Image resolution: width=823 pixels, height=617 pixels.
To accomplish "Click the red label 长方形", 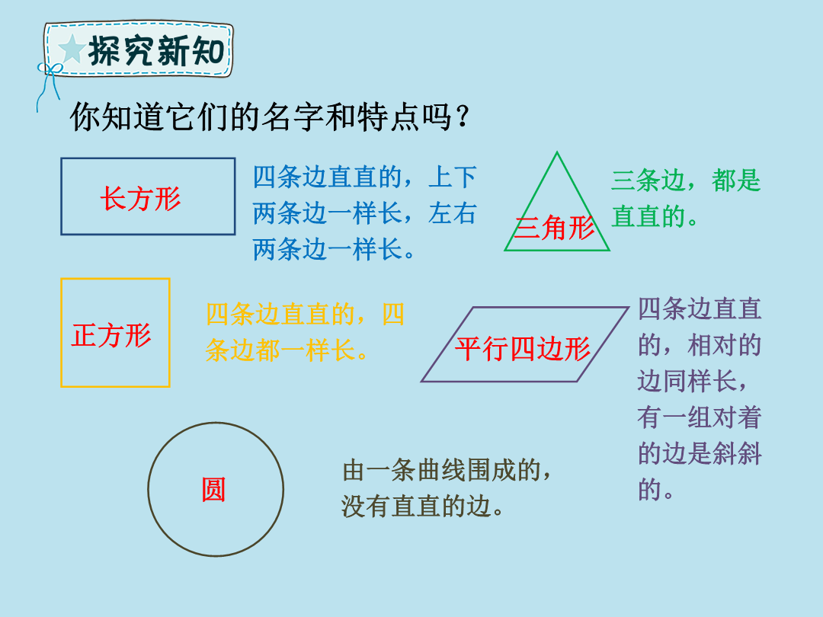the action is click(141, 199).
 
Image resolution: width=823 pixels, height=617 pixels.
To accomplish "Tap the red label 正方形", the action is click(111, 335).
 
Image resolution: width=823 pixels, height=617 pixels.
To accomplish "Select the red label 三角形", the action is click(554, 229).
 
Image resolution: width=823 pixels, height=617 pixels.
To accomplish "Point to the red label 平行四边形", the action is click(523, 348).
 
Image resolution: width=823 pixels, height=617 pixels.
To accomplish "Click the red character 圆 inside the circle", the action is click(213, 490).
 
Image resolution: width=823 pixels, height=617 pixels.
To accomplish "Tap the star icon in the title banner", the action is click(72, 50).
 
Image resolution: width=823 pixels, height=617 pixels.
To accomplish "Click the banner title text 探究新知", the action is click(156, 51).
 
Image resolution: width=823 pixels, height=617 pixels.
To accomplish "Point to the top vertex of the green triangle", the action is click(557, 152).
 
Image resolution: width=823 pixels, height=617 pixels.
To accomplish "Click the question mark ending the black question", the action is click(463, 117).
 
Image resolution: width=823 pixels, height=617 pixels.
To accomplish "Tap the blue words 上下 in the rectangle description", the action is click(453, 177).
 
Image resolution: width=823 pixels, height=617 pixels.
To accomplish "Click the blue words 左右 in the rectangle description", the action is click(453, 213).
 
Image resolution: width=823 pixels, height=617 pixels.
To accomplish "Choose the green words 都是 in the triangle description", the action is click(736, 181).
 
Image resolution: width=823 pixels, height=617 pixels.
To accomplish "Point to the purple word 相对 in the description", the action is click(712, 345).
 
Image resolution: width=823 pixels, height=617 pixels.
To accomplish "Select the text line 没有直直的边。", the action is click(423, 507).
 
